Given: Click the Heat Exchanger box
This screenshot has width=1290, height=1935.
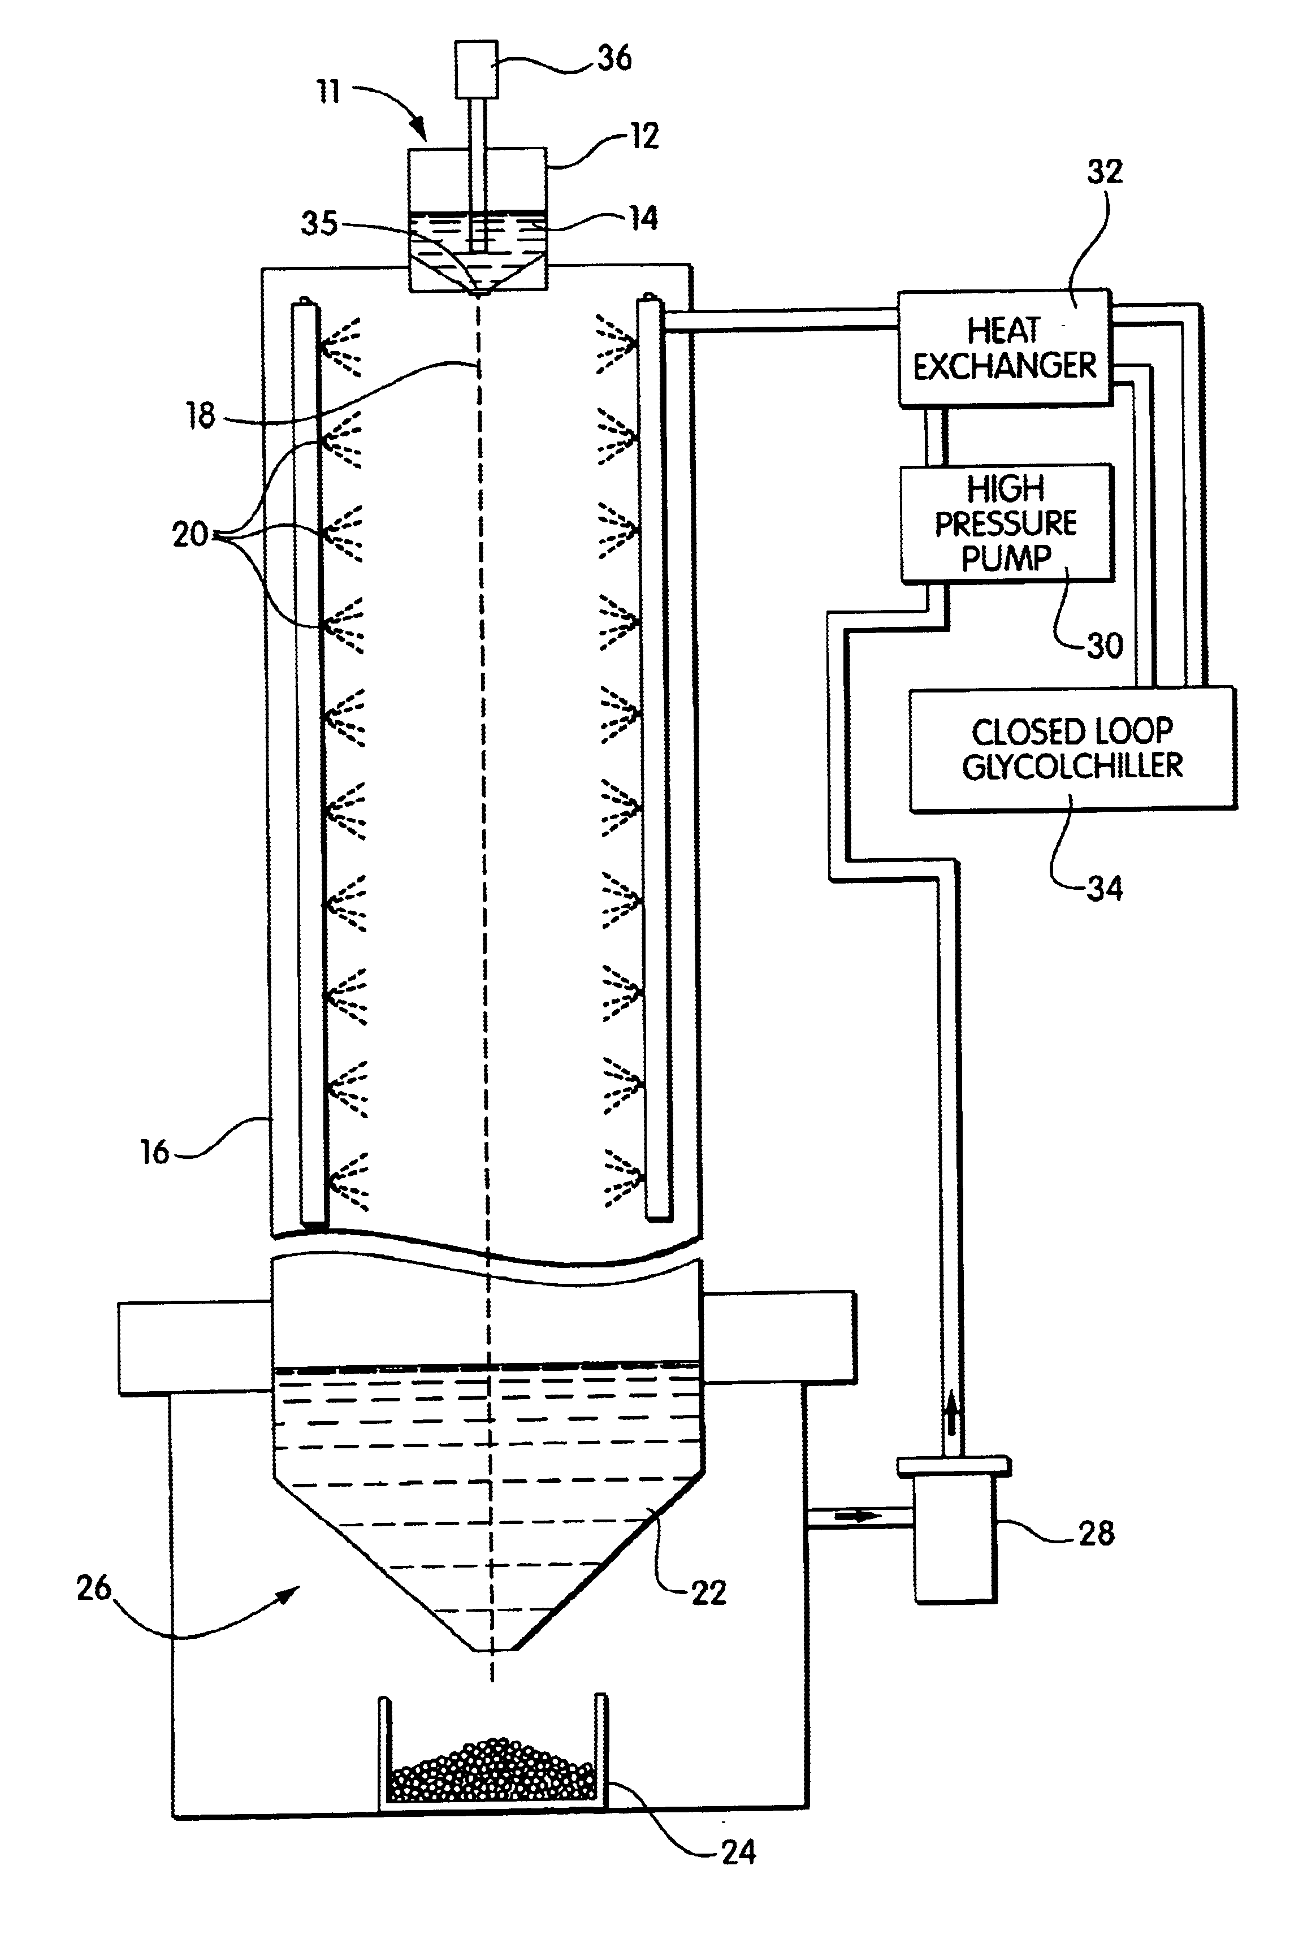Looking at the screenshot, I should point(1004,348).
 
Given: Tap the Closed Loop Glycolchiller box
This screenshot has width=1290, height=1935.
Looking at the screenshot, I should point(1072,748).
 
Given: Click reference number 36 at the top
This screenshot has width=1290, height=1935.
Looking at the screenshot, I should point(614,58).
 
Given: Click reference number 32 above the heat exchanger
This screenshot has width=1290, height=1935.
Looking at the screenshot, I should point(1104,172).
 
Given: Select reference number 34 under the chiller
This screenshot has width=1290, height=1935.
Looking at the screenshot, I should point(1104,889).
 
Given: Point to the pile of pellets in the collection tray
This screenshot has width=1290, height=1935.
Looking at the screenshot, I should point(492,1769).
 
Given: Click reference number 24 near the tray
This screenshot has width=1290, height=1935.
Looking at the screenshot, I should point(738,1851).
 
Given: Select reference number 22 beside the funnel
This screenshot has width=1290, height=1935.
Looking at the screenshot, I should point(708,1593).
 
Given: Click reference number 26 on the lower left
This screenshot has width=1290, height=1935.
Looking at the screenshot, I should point(94,1588).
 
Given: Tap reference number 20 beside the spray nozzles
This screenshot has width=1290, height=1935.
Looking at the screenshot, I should point(190,535).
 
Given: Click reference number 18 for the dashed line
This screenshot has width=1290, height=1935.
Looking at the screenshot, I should point(201,416).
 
